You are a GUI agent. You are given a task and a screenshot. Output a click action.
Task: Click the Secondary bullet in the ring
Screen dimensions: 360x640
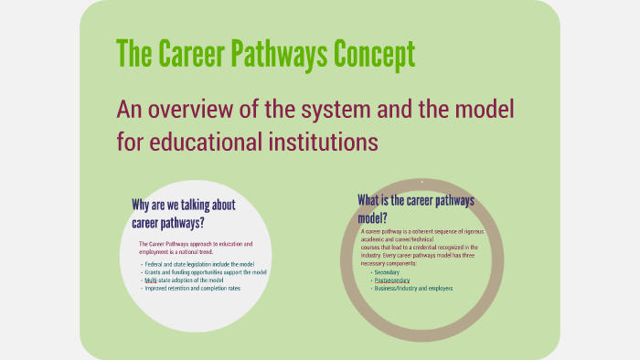388,272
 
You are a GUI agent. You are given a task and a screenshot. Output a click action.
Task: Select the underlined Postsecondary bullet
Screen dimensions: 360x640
392,280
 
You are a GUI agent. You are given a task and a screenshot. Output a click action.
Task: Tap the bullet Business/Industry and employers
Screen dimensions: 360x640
413,288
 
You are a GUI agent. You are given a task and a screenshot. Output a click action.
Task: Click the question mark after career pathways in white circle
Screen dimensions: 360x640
202,223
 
